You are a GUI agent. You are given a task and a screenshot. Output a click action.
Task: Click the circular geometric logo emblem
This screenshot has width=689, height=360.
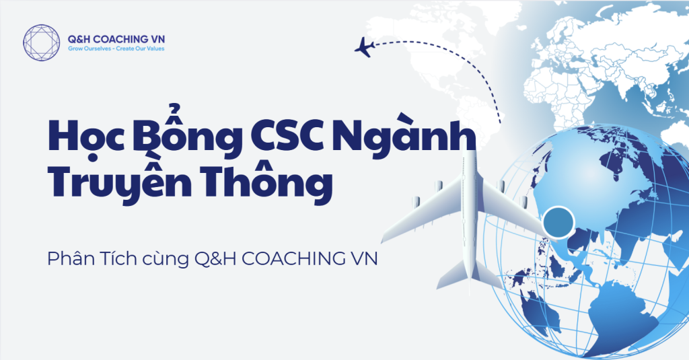click(41, 42)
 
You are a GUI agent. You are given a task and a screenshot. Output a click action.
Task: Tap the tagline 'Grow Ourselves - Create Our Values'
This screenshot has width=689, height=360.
click(116, 49)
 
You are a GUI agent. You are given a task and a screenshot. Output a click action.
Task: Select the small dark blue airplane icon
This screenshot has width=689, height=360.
click(364, 47)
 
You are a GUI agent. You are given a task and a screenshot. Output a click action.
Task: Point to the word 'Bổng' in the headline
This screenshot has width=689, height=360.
click(189, 131)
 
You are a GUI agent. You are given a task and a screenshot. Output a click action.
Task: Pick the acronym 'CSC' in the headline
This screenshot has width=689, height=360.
click(288, 135)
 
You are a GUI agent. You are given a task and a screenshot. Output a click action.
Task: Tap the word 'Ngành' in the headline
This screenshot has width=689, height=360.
click(404, 134)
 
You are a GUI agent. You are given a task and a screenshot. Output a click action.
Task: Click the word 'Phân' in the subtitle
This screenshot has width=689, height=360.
click(71, 258)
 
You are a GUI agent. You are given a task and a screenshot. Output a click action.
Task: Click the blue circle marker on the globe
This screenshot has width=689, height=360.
click(558, 221)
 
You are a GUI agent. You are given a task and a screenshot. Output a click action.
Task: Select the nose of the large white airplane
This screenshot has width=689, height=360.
click(469, 151)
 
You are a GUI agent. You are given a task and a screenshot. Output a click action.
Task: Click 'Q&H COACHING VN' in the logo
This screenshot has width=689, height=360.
click(116, 39)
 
